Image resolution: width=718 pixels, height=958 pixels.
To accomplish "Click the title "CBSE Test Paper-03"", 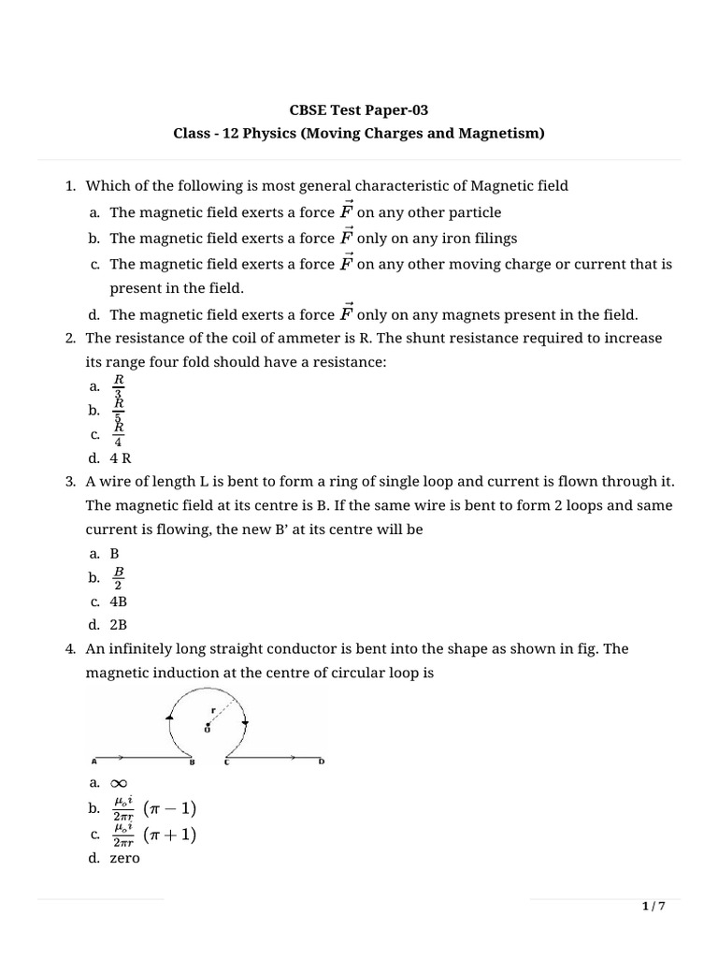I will point(358,110).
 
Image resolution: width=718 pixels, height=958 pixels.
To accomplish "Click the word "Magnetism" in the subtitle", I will point(499,134).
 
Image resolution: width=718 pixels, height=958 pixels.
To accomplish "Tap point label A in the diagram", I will point(93,762).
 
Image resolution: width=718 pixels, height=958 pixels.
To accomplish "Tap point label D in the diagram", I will point(323,762).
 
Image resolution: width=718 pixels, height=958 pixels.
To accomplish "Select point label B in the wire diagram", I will point(191,762).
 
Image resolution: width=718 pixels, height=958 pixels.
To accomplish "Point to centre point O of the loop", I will point(207,725).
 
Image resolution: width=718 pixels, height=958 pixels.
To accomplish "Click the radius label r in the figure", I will point(214,710).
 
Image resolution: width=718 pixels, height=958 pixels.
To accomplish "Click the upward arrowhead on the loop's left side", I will point(169,717).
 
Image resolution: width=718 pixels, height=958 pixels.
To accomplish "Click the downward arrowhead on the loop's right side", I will point(244,721).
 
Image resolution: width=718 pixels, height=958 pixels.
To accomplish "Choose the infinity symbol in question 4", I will point(119,783).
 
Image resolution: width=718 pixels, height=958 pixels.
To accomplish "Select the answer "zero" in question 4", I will point(124,857).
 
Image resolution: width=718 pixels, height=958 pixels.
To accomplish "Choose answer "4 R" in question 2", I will point(120,457).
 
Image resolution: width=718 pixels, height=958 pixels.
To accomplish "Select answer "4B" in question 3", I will point(119,602).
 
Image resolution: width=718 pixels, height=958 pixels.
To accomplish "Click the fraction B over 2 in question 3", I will point(119,577).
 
